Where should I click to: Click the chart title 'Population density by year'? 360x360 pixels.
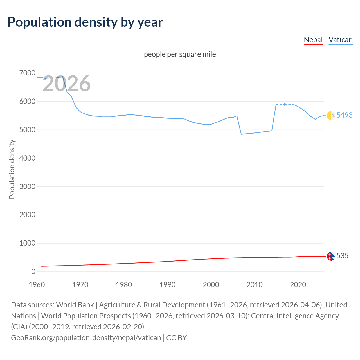[x=85, y=22]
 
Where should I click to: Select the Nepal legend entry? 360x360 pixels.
[x=313, y=40]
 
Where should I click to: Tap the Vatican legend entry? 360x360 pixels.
[x=340, y=40]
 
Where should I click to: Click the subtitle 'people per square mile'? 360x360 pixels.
[x=180, y=54]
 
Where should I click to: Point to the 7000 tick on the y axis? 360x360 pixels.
[x=27, y=73]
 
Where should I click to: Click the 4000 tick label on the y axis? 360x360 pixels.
[x=27, y=158]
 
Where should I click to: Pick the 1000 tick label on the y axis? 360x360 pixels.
[x=27, y=243]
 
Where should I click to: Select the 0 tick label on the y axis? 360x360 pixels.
[x=33, y=271]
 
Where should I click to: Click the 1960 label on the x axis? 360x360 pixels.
[x=37, y=285]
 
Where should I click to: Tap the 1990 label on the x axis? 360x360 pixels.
[x=167, y=285]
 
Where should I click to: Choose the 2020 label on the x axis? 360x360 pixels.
[x=298, y=285]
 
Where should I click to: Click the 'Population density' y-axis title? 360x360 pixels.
[x=12, y=169]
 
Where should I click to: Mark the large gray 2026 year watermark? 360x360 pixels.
[x=67, y=84]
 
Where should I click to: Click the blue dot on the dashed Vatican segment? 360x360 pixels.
[x=285, y=104]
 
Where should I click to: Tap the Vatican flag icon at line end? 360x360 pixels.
[x=331, y=115]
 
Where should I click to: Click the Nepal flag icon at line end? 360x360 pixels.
[x=330, y=256]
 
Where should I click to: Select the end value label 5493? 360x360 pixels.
[x=345, y=115]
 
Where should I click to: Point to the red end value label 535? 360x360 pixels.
[x=342, y=256]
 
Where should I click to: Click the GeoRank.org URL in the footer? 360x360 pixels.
[x=86, y=337]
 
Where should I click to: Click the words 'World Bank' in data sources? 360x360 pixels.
[x=75, y=305]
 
